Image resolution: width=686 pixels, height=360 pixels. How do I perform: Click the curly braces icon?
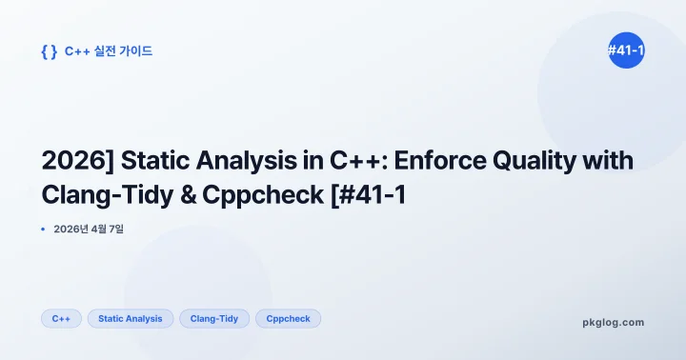coord(49,51)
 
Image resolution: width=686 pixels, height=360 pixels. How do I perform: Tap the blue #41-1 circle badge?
coord(626,50)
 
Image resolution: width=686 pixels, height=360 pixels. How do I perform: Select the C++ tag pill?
coord(61,318)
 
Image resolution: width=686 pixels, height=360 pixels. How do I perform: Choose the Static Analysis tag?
coord(130,318)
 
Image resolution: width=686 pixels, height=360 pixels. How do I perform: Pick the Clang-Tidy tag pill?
coord(214,318)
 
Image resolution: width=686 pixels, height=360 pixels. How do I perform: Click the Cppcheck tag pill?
coord(288,318)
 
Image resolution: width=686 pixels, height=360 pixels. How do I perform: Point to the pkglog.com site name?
coord(613,322)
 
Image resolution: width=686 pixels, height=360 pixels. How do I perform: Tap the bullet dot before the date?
coord(44,229)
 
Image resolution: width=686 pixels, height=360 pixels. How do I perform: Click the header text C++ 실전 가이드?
coord(109,51)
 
